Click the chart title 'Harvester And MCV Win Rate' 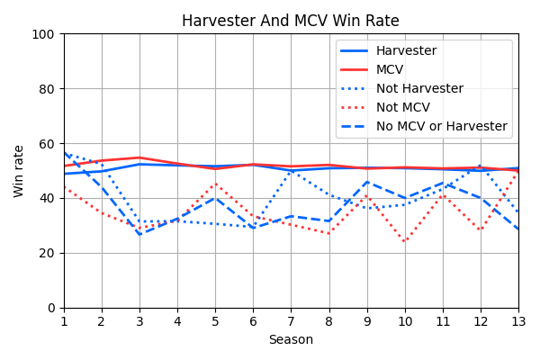tap(290, 21)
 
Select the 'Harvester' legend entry tap(406, 51)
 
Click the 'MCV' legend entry tap(390, 70)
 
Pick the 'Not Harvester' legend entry tap(419, 89)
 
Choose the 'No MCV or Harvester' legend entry tap(441, 127)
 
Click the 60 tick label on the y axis tap(47, 144)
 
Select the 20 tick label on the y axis tap(47, 253)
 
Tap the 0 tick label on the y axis tap(50, 308)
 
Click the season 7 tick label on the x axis tap(291, 321)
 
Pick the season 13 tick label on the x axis tap(517, 321)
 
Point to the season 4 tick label tap(177, 321)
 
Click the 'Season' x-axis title tap(291, 340)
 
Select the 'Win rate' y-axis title tap(20, 171)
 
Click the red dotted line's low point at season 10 tap(405, 242)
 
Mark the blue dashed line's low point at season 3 tap(139, 235)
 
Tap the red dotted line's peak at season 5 tap(215, 184)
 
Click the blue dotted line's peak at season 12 tap(480, 166)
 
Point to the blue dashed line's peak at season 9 tap(366, 182)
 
